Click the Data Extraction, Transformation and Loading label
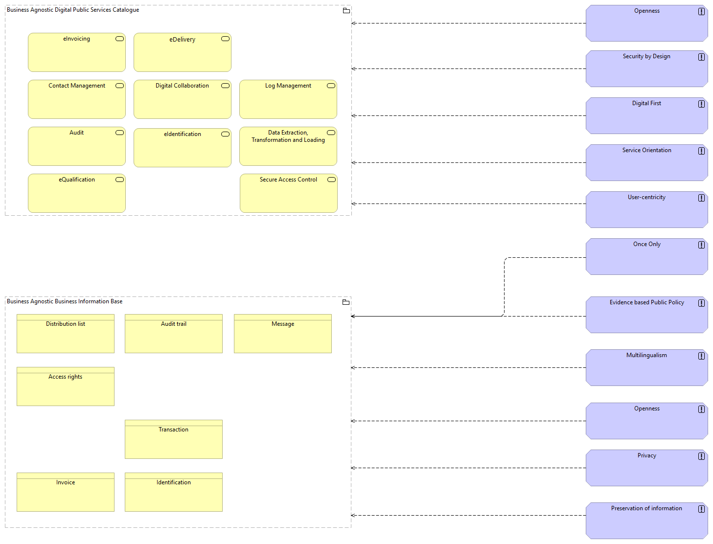click(288, 136)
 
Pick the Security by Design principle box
click(646, 69)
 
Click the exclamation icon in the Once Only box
click(701, 245)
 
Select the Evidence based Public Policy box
click(646, 315)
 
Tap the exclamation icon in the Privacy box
click(701, 456)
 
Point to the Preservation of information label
click(646, 508)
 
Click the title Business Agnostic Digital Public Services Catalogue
click(73, 10)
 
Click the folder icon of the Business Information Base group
click(346, 302)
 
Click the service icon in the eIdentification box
click(225, 134)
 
